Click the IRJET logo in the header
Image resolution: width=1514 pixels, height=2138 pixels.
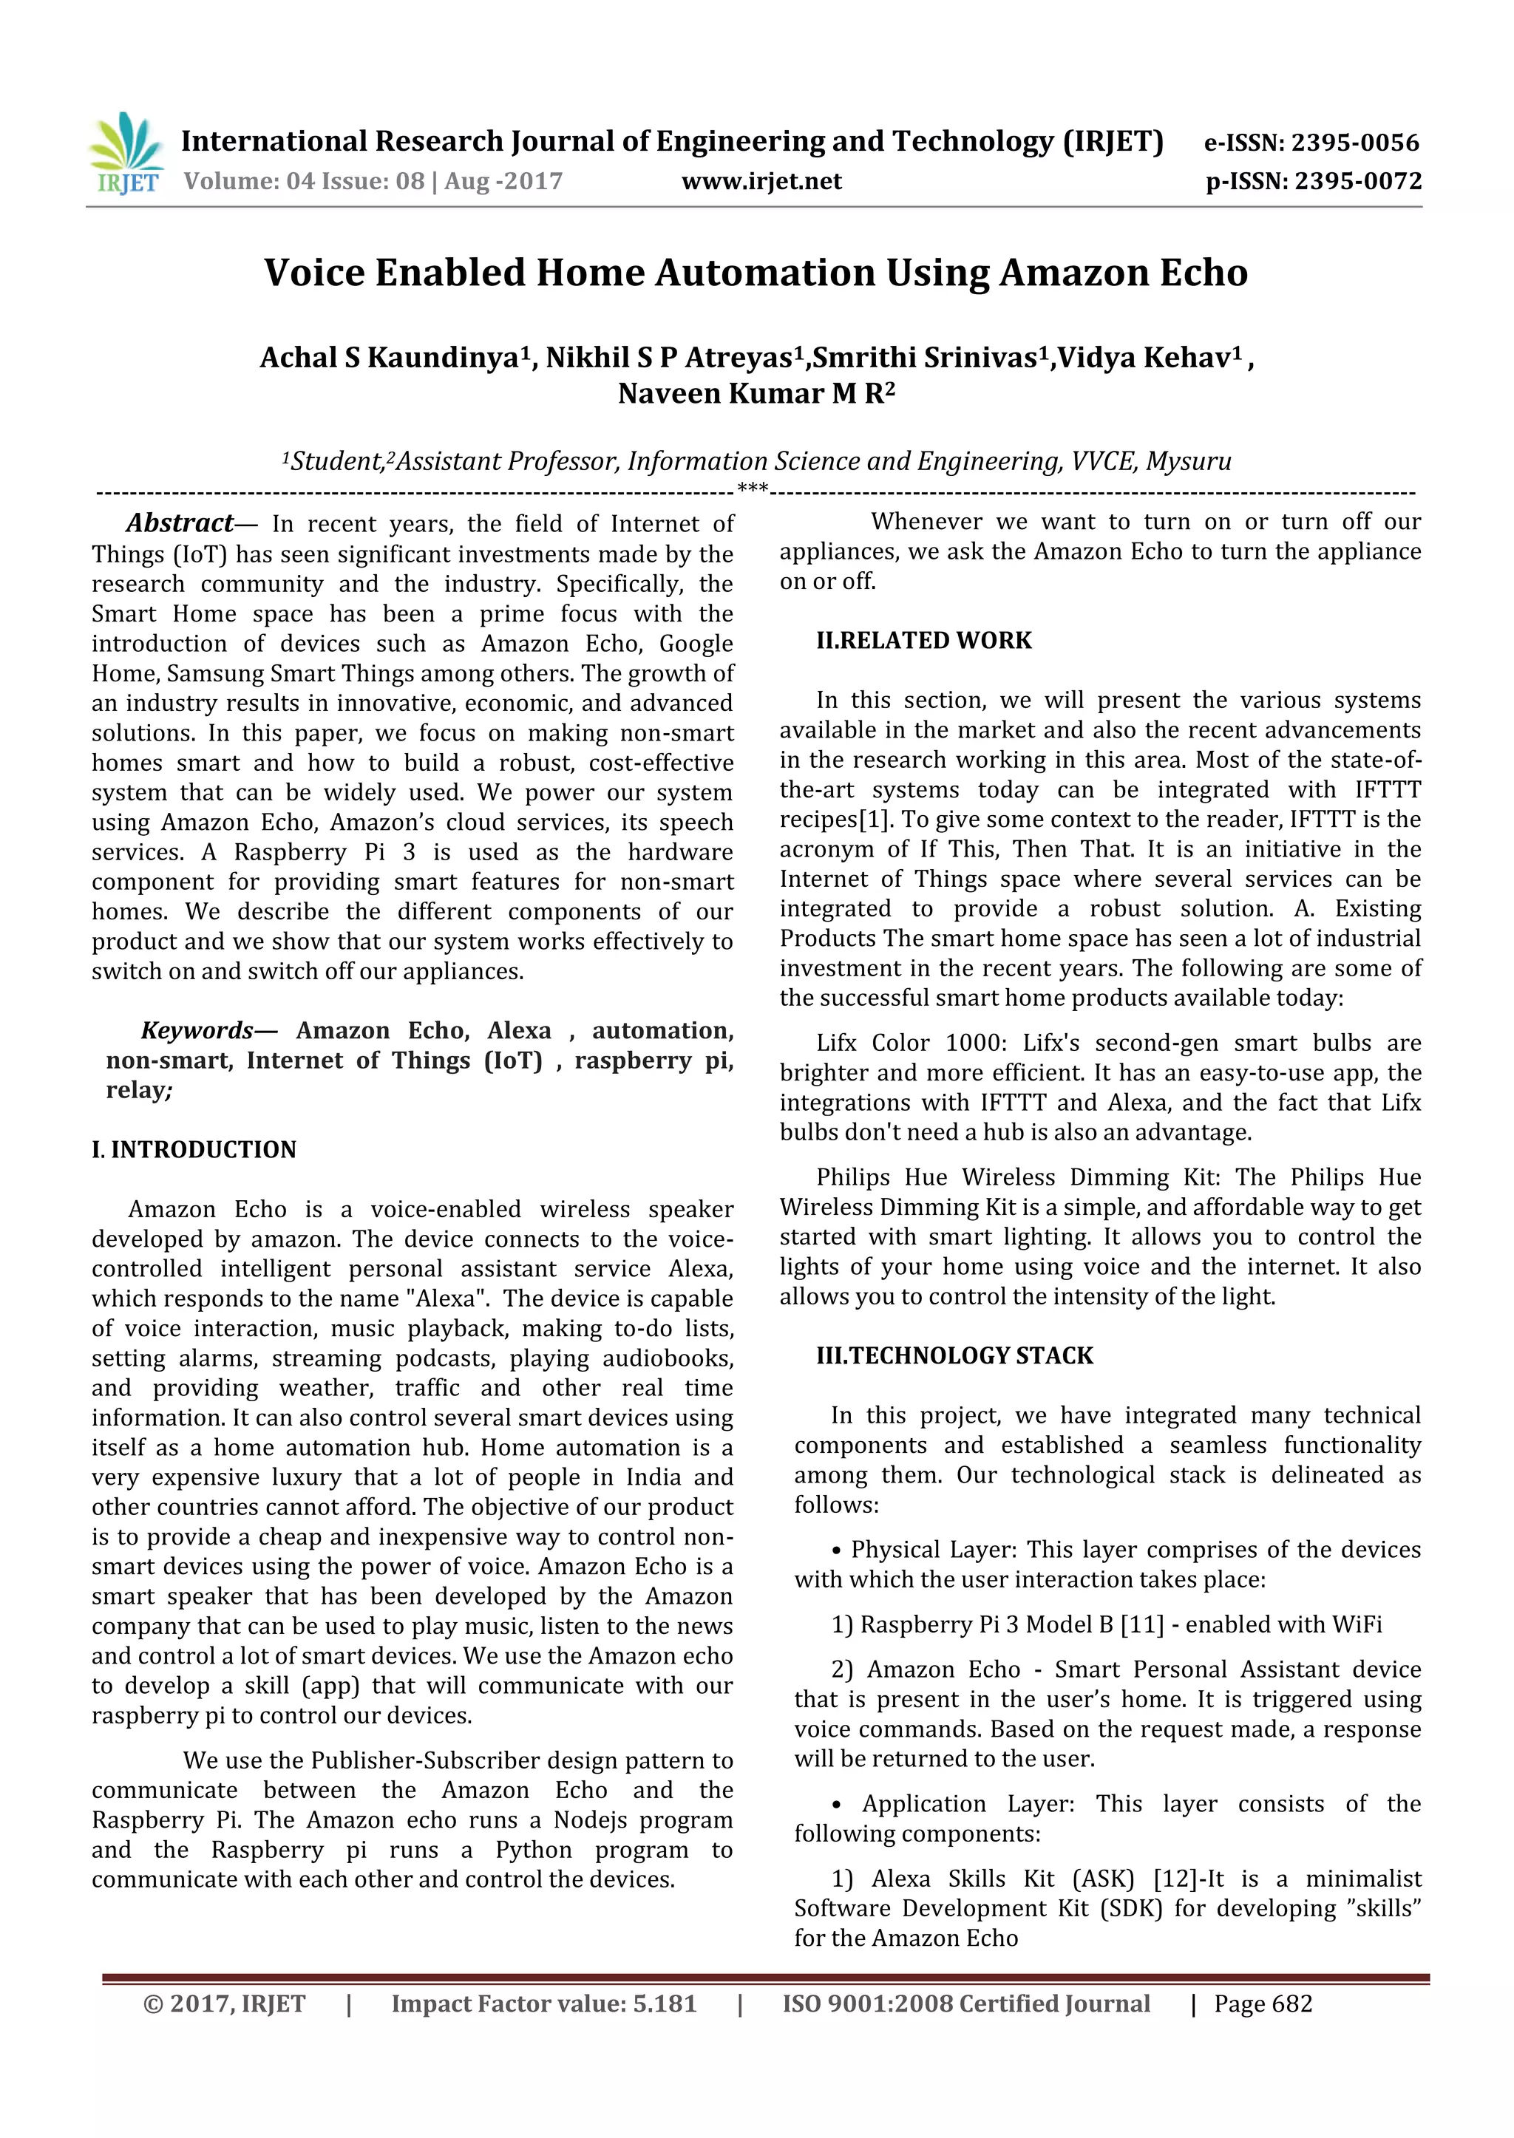pyautogui.click(x=126, y=154)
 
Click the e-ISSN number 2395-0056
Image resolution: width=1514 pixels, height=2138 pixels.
pyautogui.click(x=1354, y=143)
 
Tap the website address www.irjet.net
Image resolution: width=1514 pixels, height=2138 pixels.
pyautogui.click(x=761, y=181)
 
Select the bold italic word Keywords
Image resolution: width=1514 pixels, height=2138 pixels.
pyautogui.click(x=196, y=1030)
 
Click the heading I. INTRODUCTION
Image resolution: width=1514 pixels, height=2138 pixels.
pyautogui.click(x=194, y=1149)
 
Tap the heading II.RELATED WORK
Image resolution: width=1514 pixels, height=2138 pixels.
pyautogui.click(x=924, y=640)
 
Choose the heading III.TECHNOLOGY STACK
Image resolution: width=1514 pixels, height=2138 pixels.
pyautogui.click(x=954, y=1355)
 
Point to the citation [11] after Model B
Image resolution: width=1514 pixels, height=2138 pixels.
pyautogui.click(x=1142, y=1624)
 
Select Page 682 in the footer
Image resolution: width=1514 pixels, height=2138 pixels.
pyautogui.click(x=1263, y=2003)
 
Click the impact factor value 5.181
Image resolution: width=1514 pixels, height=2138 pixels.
pyautogui.click(x=664, y=2003)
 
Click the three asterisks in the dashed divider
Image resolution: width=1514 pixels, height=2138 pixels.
pyautogui.click(x=753, y=488)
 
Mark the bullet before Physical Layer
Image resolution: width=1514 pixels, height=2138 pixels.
pyautogui.click(x=836, y=1550)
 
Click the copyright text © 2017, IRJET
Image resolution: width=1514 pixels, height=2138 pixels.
pyautogui.click(x=224, y=2003)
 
